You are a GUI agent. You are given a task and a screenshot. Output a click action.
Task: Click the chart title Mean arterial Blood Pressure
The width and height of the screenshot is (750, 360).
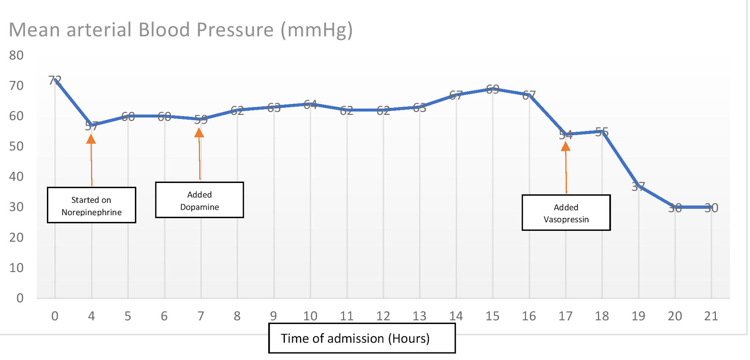tap(181, 30)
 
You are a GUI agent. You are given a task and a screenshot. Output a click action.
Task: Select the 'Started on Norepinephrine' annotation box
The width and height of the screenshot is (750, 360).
tap(91, 205)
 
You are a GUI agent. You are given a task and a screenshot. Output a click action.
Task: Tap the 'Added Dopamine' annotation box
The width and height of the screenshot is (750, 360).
tap(199, 200)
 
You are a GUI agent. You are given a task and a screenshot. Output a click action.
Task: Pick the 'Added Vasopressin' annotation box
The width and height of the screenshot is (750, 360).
tap(566, 213)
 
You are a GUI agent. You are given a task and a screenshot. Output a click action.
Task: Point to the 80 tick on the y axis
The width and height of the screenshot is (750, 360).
tap(17, 55)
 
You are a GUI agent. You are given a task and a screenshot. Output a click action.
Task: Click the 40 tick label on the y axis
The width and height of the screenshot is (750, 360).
tap(17, 177)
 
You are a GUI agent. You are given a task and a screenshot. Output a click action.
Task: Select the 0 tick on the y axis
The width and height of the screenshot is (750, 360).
tap(20, 298)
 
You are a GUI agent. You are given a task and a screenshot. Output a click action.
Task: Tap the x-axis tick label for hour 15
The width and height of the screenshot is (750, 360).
tap(492, 316)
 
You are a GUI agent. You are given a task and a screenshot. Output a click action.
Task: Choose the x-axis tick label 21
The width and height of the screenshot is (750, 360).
tap(711, 316)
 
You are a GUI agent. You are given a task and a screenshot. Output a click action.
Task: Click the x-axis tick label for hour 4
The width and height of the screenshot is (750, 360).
tap(91, 316)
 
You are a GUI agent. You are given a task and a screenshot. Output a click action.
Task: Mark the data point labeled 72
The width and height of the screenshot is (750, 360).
tap(55, 80)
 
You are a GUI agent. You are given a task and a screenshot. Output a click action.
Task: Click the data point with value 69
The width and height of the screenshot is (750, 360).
tap(493, 89)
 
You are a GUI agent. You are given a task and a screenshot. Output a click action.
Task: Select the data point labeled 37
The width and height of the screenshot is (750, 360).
tap(638, 186)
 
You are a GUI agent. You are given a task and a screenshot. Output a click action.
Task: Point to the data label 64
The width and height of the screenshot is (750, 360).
tap(310, 104)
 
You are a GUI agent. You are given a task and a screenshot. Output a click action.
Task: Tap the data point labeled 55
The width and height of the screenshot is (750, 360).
tap(602, 131)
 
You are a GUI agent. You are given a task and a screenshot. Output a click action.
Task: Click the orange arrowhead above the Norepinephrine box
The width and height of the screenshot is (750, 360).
tap(91, 139)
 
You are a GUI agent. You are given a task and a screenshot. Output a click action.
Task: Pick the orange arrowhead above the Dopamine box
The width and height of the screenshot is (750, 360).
tap(199, 133)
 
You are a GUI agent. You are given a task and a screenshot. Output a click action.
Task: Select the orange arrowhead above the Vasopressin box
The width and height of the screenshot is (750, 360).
tap(565, 147)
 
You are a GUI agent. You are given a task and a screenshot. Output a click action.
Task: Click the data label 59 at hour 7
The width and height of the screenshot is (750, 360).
tap(201, 119)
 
